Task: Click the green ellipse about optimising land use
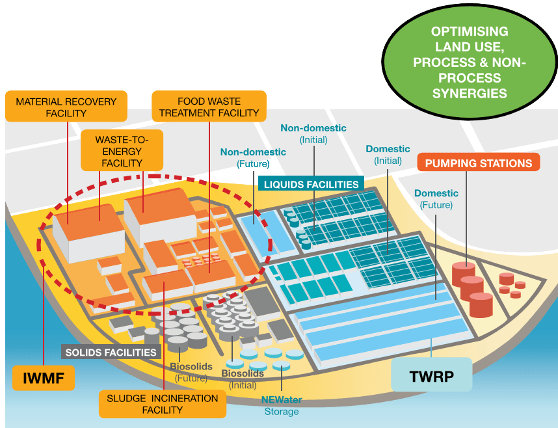pyautogui.click(x=470, y=62)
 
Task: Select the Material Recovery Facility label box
pyautogui.click(x=66, y=107)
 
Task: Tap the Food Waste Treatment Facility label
pyautogui.click(x=209, y=107)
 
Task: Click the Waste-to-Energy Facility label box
pyautogui.click(x=122, y=151)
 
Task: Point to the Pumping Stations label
pyautogui.click(x=478, y=163)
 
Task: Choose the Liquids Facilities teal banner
pyautogui.click(x=311, y=183)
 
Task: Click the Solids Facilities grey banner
pyautogui.click(x=111, y=352)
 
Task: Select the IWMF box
pyautogui.click(x=44, y=378)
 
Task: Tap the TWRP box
pyautogui.click(x=432, y=375)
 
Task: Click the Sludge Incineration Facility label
pyautogui.click(x=163, y=404)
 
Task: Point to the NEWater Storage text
pyautogui.click(x=282, y=406)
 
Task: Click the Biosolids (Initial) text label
pyautogui.click(x=243, y=379)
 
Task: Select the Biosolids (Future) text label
pyautogui.click(x=191, y=372)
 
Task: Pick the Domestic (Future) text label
pyautogui.click(x=436, y=198)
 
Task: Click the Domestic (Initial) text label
pyautogui.click(x=388, y=155)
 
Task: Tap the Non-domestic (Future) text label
pyautogui.click(x=253, y=158)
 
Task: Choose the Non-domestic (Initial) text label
pyautogui.click(x=313, y=133)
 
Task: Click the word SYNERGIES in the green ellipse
pyautogui.click(x=470, y=93)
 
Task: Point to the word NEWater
pyautogui.click(x=282, y=400)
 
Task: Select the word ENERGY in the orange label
pyautogui.click(x=122, y=152)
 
